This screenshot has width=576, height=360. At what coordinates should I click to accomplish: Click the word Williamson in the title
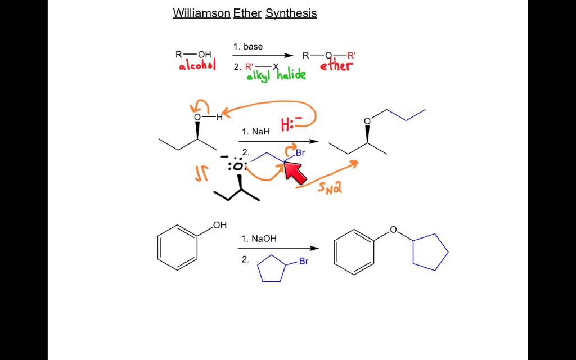202,13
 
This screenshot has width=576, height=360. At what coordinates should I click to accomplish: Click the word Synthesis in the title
291,13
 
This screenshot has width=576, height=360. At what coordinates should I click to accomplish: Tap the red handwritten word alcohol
197,66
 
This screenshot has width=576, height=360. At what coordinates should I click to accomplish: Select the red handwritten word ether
336,66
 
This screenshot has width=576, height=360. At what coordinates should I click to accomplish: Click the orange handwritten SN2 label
330,187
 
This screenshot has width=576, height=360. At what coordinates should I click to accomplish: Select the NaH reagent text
256,131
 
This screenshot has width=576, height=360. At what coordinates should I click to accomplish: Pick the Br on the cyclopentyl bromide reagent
304,262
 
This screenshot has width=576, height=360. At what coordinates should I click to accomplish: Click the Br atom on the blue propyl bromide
300,153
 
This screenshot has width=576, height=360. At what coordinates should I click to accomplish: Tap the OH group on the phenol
219,226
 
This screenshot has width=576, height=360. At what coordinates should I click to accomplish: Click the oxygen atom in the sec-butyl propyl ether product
367,121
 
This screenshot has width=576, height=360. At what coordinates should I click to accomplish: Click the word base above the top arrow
253,47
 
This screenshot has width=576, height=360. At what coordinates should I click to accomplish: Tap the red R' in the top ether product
352,55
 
